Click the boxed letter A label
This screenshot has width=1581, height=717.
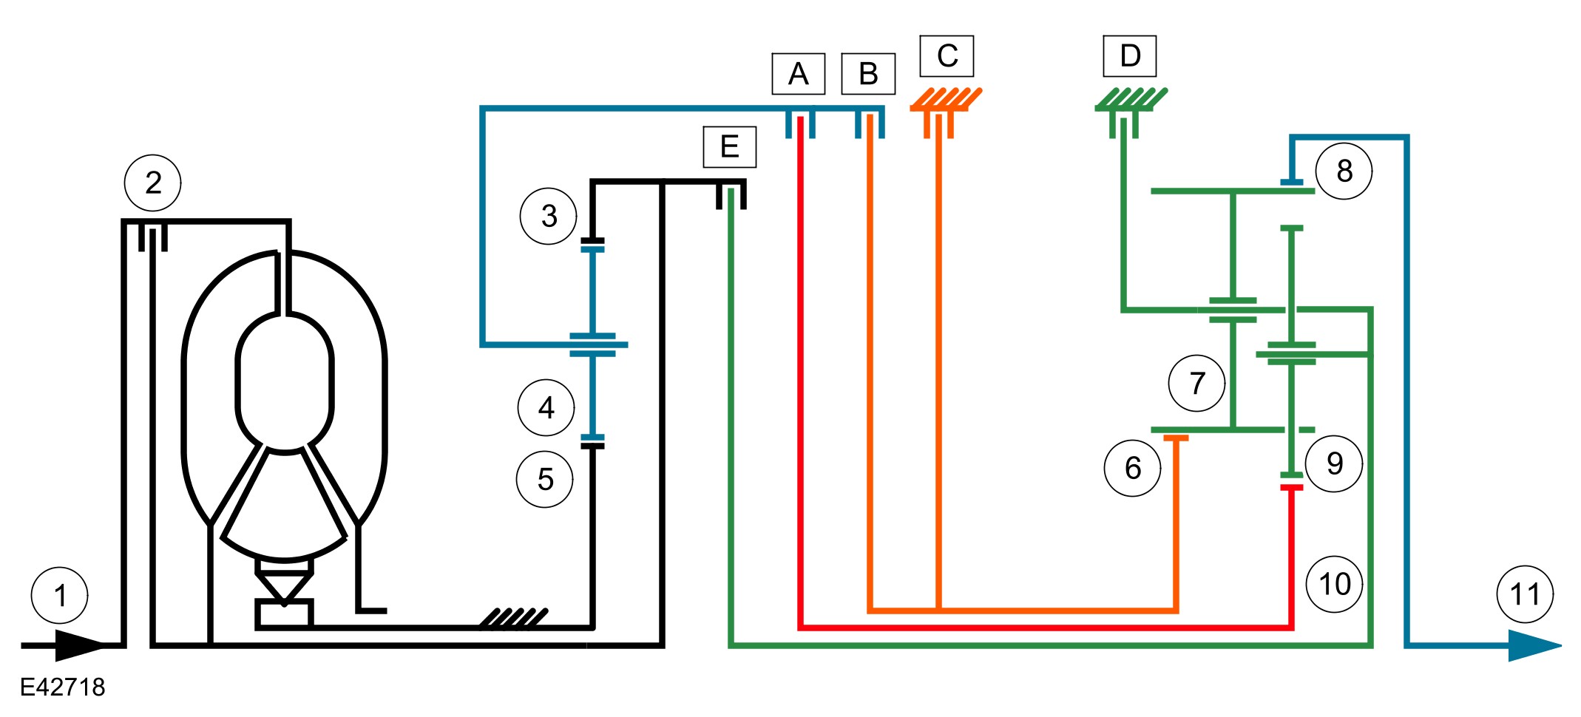point(798,74)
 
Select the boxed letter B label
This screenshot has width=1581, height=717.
point(868,74)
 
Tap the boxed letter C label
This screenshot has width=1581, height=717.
point(947,56)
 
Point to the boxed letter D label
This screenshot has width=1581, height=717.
point(1130,56)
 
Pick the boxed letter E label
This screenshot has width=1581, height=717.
point(729,147)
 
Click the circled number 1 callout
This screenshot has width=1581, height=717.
point(60,595)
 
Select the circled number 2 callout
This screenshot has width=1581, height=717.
point(153,183)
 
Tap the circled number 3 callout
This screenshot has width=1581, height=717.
point(549,216)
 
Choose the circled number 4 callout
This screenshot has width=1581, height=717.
point(546,407)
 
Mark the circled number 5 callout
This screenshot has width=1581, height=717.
point(545,479)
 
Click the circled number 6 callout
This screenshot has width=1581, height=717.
point(1133,467)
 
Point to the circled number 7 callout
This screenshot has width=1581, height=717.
point(1197,383)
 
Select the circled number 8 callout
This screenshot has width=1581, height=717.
point(1344,171)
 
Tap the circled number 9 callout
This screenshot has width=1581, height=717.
point(1335,463)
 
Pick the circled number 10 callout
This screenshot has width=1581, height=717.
point(1335,584)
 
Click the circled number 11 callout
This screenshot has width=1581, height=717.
point(1525,594)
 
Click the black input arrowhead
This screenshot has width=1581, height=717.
point(80,645)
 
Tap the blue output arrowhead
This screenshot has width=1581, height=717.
point(1535,645)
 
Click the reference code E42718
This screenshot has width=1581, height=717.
point(63,687)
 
